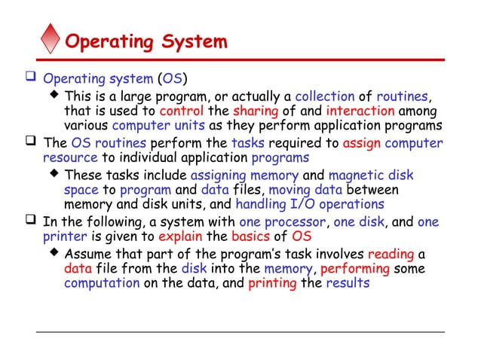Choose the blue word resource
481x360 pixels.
click(70, 158)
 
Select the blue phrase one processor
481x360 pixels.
click(283, 221)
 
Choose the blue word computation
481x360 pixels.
click(102, 283)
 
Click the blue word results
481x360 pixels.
click(348, 283)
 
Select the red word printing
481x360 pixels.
click(272, 283)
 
